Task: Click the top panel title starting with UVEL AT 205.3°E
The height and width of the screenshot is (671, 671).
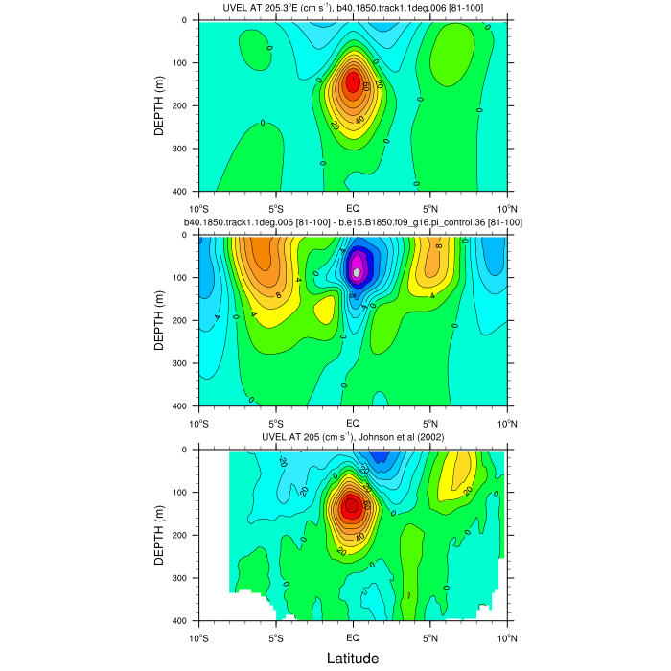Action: (352, 9)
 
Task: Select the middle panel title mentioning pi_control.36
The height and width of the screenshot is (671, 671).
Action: (352, 222)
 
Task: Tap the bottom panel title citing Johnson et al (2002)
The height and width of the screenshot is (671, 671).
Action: (352, 438)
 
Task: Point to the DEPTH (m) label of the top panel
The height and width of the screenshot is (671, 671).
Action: (160, 105)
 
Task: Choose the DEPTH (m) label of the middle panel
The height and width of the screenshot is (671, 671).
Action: (160, 320)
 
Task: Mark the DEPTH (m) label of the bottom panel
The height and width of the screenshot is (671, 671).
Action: (160, 535)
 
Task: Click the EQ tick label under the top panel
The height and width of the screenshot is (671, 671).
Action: (352, 208)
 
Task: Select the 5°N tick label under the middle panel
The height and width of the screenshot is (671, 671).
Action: (429, 422)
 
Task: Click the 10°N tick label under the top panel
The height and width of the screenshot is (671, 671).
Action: (505, 208)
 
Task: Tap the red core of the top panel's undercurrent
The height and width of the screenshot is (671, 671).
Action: (352, 82)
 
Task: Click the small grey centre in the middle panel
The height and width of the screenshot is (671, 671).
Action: (357, 272)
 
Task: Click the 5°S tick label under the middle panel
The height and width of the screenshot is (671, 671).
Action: (275, 422)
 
